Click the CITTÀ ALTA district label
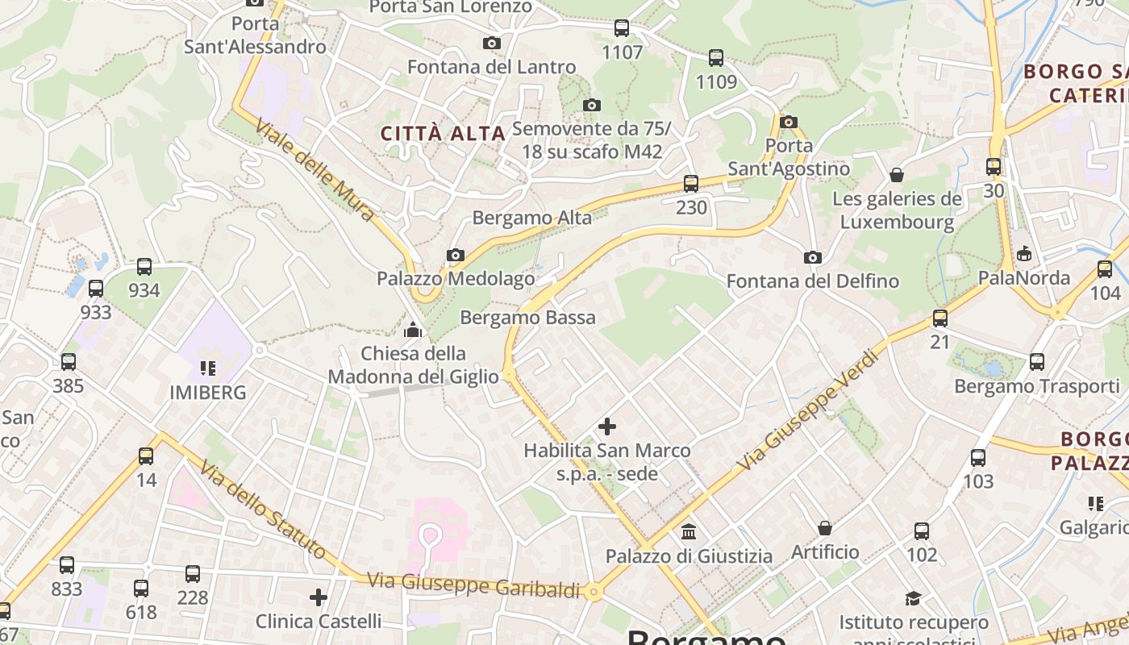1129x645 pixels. (x=443, y=134)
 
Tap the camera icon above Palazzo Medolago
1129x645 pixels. (x=456, y=256)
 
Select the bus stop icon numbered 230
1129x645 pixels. (x=690, y=184)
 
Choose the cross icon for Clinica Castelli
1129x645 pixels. (x=319, y=597)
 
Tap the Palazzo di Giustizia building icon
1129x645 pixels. (x=689, y=532)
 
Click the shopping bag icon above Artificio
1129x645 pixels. (x=825, y=528)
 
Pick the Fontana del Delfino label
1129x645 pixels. (x=812, y=281)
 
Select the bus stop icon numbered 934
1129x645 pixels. (x=144, y=267)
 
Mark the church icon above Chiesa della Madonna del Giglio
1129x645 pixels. (x=413, y=330)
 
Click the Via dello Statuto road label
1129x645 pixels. (x=263, y=510)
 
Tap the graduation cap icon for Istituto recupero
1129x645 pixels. (x=913, y=598)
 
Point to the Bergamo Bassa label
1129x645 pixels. (x=527, y=318)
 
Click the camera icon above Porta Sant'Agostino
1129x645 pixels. (x=789, y=123)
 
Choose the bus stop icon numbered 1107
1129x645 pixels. (x=622, y=29)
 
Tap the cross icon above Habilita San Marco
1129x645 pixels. (x=607, y=426)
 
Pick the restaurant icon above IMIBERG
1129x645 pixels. (x=208, y=368)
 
